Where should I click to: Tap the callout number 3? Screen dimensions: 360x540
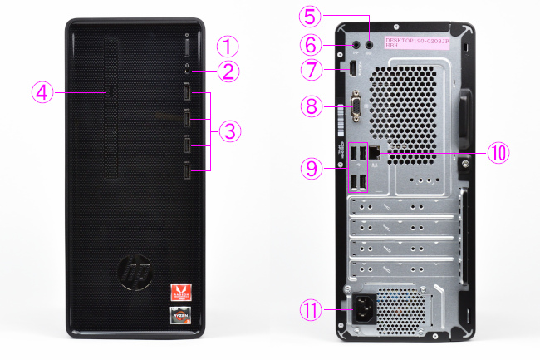pyautogui.click(x=232, y=131)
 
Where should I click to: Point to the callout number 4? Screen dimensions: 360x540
pyautogui.click(x=43, y=91)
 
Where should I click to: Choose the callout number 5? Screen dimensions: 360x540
pyautogui.click(x=309, y=16)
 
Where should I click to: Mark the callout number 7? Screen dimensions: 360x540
pyautogui.click(x=309, y=71)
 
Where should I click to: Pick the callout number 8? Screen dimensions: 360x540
pyautogui.click(x=309, y=106)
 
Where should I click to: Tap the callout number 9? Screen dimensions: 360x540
pyautogui.click(x=309, y=169)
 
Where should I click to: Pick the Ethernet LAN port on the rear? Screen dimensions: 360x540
pyautogui.click(x=376, y=153)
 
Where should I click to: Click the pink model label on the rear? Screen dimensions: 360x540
pyautogui.click(x=416, y=41)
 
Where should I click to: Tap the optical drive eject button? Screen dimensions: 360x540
pyautogui.click(x=110, y=91)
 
